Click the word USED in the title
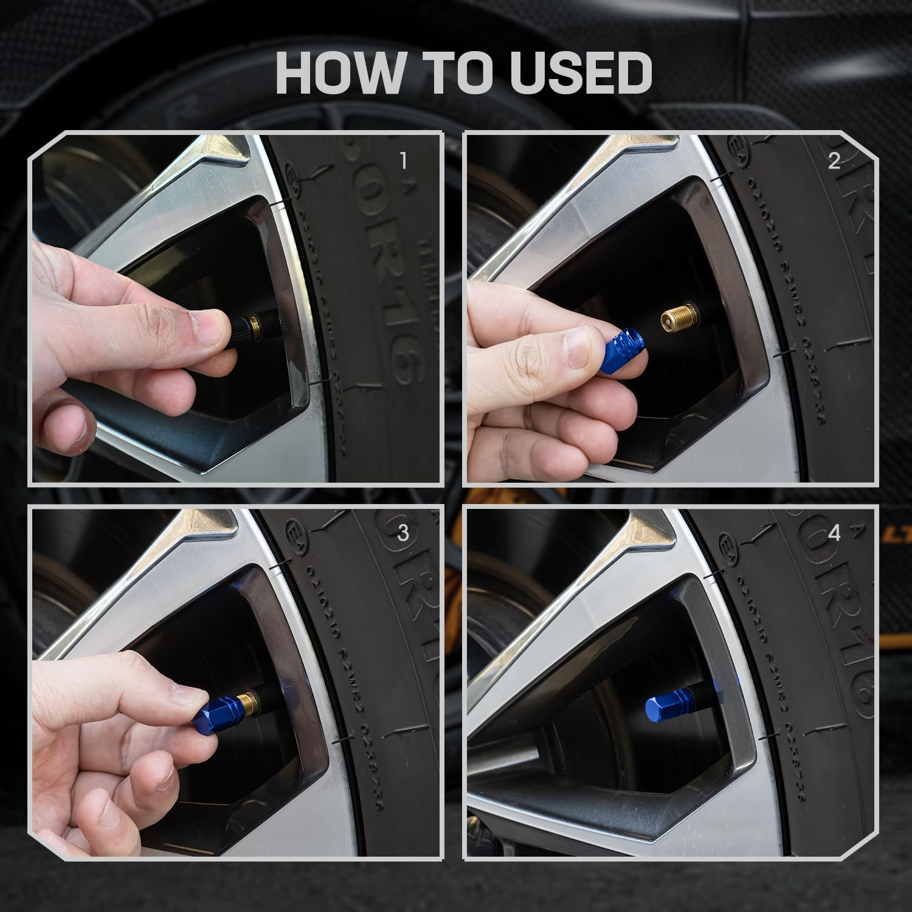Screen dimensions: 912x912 581,72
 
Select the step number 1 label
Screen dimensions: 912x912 402,161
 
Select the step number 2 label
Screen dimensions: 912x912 834,161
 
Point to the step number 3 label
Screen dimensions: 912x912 402,533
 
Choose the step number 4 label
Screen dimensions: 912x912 834,533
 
